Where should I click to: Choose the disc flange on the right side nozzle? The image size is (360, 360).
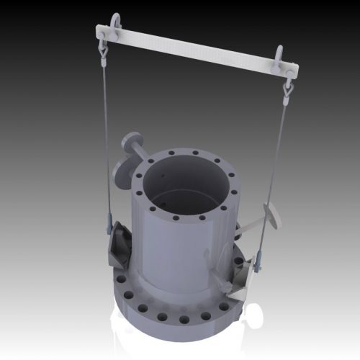[x=272, y=216]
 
